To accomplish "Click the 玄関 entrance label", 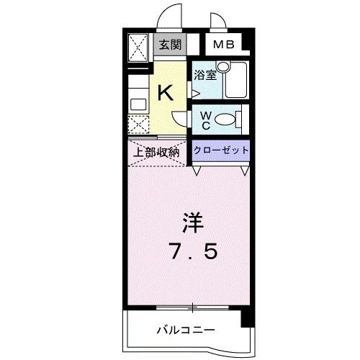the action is click(x=170, y=45).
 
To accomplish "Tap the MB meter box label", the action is click(x=223, y=45).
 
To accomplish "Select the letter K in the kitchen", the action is click(x=166, y=93).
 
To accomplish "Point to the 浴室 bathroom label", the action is click(x=205, y=75).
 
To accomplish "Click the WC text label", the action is click(x=206, y=121).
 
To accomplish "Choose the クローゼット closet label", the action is click(x=221, y=150).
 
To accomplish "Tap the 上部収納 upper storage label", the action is click(x=156, y=152).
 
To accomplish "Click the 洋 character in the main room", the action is click(x=193, y=222).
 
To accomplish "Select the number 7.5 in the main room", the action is click(x=194, y=251).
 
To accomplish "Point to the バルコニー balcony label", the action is click(x=186, y=330).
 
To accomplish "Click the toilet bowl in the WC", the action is click(x=225, y=119).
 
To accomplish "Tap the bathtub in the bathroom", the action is click(x=235, y=80).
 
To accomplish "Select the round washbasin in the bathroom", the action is click(x=223, y=66).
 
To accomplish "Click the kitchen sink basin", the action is click(x=138, y=104).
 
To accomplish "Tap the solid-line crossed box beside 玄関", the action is click(x=138, y=48).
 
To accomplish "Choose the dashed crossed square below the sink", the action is click(x=138, y=125).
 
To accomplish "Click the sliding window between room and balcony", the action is click(x=192, y=307).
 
